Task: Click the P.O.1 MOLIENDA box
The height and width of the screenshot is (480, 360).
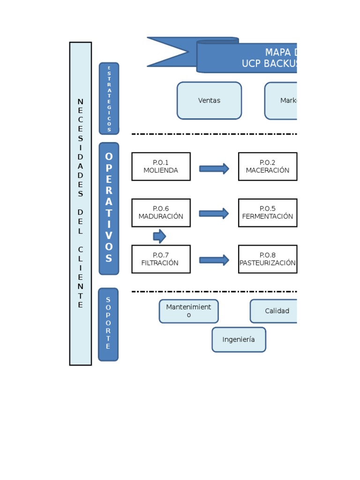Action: [161, 166]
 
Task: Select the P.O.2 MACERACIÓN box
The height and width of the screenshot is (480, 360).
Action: [267, 166]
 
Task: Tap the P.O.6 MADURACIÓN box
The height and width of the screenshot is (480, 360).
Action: [161, 213]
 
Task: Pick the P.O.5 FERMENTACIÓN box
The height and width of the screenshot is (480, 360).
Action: [267, 213]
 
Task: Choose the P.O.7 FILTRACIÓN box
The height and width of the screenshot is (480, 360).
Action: [161, 259]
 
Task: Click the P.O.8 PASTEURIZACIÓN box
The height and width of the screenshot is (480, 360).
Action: [267, 259]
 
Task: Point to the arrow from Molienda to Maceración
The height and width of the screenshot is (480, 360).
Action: [214, 169]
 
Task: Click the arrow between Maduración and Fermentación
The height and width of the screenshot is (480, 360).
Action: [214, 214]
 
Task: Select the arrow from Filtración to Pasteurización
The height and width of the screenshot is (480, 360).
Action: [214, 260]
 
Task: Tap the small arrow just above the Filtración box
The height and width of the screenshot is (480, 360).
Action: [159, 236]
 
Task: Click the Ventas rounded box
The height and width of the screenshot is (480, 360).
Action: [209, 101]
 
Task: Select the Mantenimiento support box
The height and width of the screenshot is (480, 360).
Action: [188, 311]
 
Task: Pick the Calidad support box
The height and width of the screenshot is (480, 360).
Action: [274, 311]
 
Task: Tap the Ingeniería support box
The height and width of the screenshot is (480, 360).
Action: [239, 340]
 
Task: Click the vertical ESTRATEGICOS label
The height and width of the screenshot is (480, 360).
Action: [109, 98]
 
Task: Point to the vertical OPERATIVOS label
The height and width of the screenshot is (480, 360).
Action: [109, 209]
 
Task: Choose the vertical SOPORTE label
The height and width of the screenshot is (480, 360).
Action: [108, 324]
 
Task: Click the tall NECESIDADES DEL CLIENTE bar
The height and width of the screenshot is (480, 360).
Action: [81, 203]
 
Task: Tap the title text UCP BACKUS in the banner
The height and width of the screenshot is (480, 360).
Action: [268, 64]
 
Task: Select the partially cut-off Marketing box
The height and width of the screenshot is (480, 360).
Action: [281, 101]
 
